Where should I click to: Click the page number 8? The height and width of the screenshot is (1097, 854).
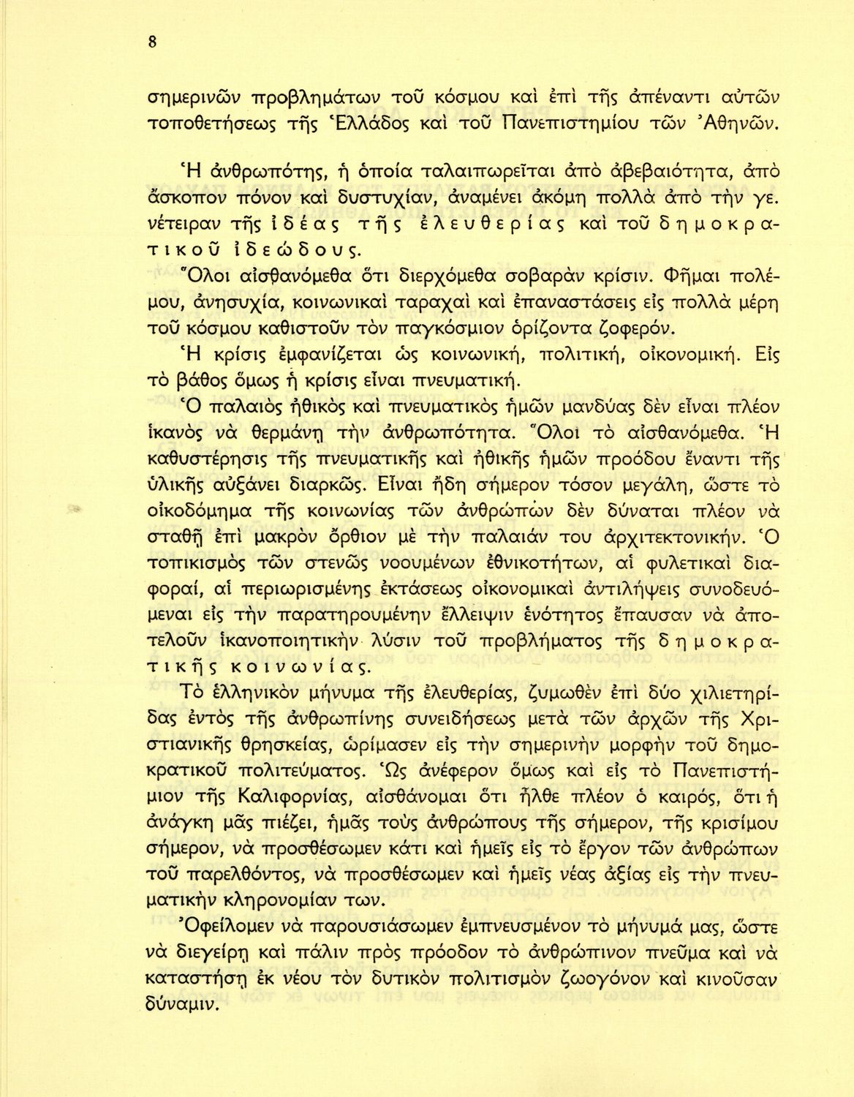(x=152, y=42)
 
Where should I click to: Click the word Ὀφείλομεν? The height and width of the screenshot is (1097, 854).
(x=216, y=929)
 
